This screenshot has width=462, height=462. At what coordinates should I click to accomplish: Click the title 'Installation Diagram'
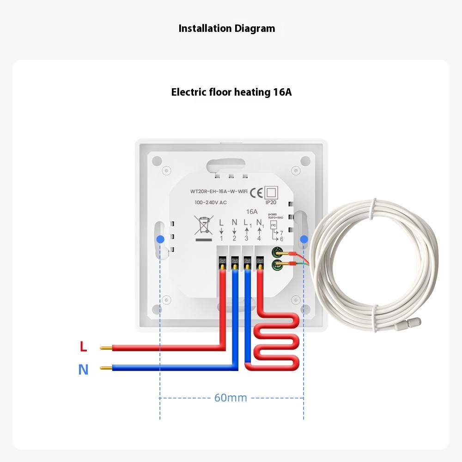coord(227,29)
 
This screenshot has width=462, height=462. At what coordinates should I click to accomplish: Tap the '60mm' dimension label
coord(231,398)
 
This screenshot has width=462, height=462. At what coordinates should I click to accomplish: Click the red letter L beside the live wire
coord(83,346)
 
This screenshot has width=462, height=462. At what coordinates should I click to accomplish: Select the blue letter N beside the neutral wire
coord(83,370)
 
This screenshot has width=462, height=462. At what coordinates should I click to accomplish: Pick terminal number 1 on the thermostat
coord(221,238)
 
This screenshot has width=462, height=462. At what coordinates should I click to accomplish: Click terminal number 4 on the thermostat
coord(259,238)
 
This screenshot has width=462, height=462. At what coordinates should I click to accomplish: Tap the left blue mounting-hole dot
coord(160,239)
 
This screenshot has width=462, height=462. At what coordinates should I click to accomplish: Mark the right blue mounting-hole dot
coord(304,239)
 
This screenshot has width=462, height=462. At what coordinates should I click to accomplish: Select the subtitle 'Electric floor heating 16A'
coord(231,92)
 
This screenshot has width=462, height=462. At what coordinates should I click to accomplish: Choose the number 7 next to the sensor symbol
coord(281,233)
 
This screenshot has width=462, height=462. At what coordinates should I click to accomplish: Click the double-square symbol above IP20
coord(271,192)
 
